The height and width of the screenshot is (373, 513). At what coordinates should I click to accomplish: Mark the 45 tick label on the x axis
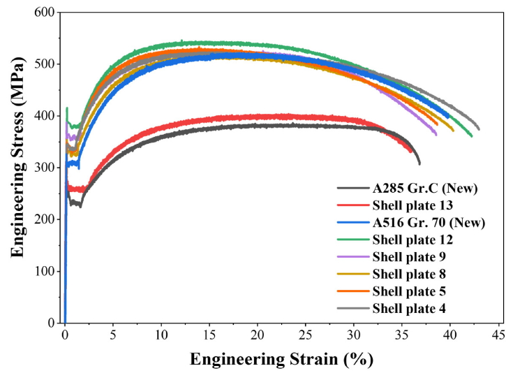point(498,335)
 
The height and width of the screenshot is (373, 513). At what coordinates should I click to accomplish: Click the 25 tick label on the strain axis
point(305,335)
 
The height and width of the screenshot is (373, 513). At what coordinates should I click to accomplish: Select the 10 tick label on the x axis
point(161,335)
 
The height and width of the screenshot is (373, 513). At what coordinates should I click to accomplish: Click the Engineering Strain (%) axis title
point(282,360)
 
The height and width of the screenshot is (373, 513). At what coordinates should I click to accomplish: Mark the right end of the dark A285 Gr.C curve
point(419,163)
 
